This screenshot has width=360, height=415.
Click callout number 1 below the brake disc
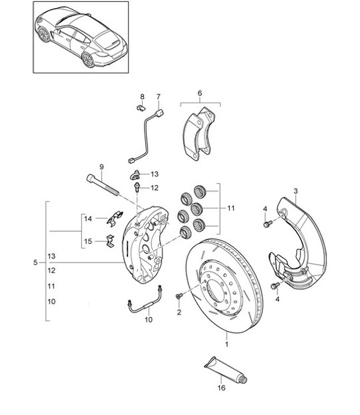point(227,344)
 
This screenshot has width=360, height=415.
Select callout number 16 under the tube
point(221,389)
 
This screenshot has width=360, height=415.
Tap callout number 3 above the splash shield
point(295,191)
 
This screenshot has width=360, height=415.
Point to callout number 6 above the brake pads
point(200,94)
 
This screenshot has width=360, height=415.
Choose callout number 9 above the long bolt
point(102,167)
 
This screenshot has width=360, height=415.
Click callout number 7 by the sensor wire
point(159,98)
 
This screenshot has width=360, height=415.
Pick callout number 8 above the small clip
point(141,97)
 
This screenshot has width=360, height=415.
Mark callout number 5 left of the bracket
point(35,262)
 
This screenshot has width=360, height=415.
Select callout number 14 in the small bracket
point(89,218)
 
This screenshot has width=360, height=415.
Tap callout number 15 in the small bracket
point(89,242)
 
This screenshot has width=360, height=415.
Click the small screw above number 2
point(179,295)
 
